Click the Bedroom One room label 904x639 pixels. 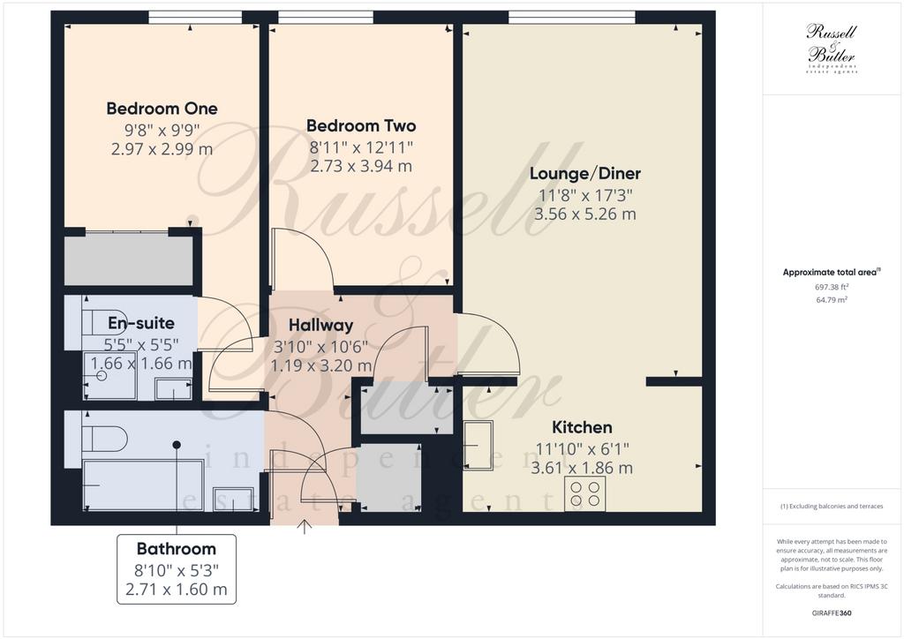pyautogui.click(x=162, y=109)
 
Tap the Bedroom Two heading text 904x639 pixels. pyautogui.click(x=361, y=125)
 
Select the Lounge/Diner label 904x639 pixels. pyautogui.click(x=585, y=174)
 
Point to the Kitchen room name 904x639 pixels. pyautogui.click(x=582, y=427)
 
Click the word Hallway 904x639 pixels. pyautogui.click(x=320, y=325)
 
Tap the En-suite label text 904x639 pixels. pyautogui.click(x=141, y=323)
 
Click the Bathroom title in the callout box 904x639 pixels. pyautogui.click(x=177, y=549)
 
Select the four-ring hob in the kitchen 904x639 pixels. pyautogui.click(x=585, y=493)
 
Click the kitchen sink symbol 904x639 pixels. pyautogui.click(x=478, y=446)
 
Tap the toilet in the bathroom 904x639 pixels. pyautogui.click(x=104, y=439)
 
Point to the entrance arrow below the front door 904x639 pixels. pyautogui.click(x=305, y=527)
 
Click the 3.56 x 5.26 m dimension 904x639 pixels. pyautogui.click(x=585, y=214)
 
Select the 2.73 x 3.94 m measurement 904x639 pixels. pyautogui.click(x=361, y=167)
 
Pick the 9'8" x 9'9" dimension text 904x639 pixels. pyautogui.click(x=162, y=130)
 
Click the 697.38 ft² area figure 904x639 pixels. pyautogui.click(x=832, y=286)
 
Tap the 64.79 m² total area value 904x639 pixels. pyautogui.click(x=832, y=299)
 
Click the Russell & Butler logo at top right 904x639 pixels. pyautogui.click(x=832, y=49)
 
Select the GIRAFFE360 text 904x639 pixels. pyautogui.click(x=832, y=613)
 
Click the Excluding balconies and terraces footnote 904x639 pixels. pyautogui.click(x=832, y=507)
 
